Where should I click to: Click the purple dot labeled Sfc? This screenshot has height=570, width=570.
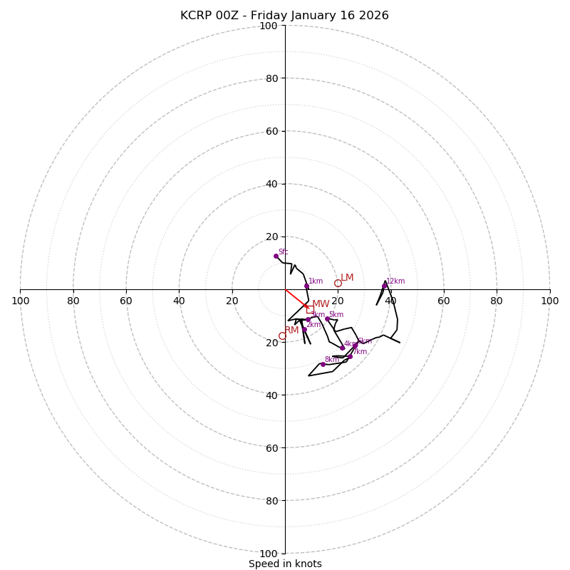(276, 256)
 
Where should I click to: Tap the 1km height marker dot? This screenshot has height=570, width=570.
(306, 286)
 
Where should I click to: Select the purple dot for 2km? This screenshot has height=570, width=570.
(304, 329)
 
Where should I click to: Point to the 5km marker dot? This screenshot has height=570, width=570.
(327, 318)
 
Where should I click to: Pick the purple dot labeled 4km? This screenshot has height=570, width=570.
(342, 348)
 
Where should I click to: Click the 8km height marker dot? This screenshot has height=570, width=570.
(323, 364)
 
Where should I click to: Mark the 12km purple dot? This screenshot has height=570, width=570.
(384, 286)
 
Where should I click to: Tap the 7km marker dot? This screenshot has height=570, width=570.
(350, 356)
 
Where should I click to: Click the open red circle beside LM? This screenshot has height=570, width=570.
(338, 283)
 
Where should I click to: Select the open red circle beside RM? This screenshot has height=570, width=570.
(282, 336)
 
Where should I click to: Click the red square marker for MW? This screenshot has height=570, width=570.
(310, 309)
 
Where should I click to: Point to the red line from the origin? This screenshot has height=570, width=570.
(296, 299)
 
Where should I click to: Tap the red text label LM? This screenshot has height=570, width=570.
(347, 278)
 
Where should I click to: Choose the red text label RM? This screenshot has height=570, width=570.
(291, 331)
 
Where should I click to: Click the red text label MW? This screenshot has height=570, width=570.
(321, 304)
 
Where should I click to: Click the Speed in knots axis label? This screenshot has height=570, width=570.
(285, 564)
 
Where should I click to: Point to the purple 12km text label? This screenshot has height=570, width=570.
(395, 281)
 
